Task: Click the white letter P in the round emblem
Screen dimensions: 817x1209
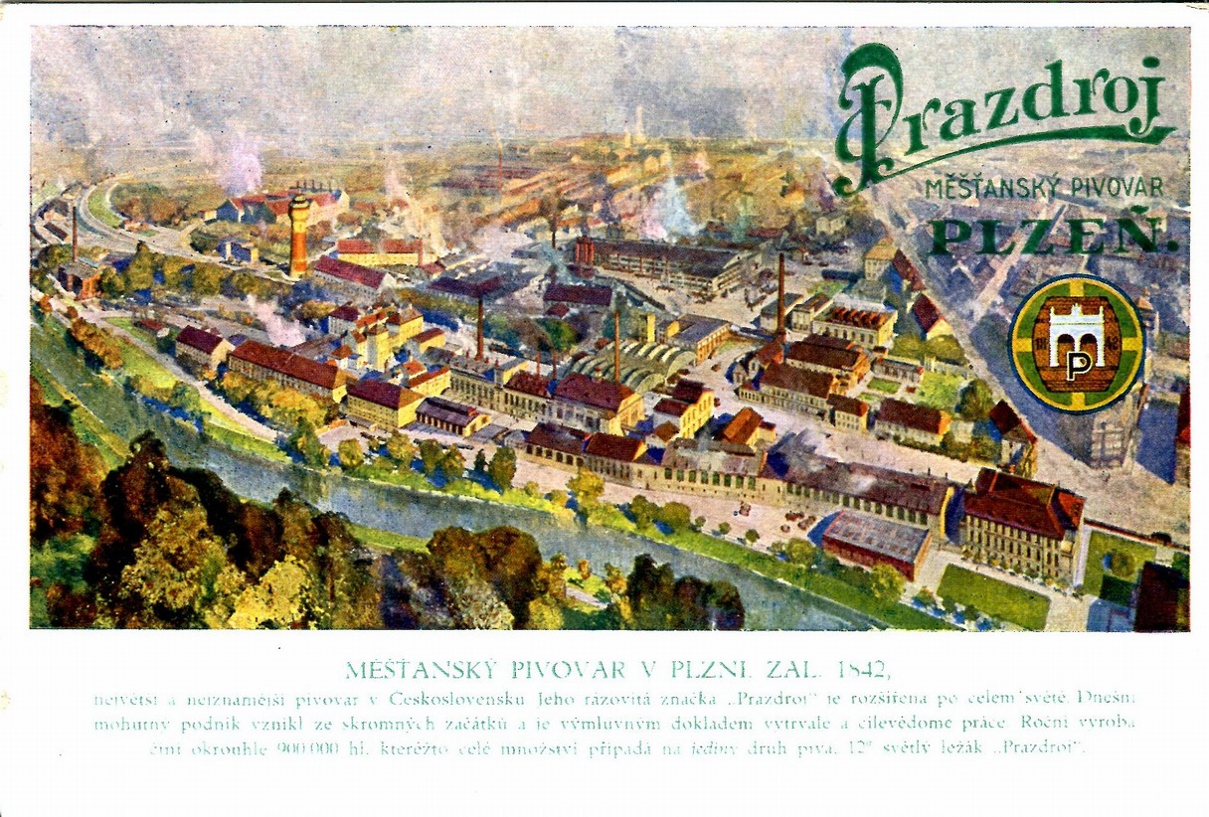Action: click(1078, 365)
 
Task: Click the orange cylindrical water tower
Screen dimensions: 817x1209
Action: click(298, 235)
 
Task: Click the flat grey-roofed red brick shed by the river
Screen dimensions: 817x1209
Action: click(875, 543)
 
